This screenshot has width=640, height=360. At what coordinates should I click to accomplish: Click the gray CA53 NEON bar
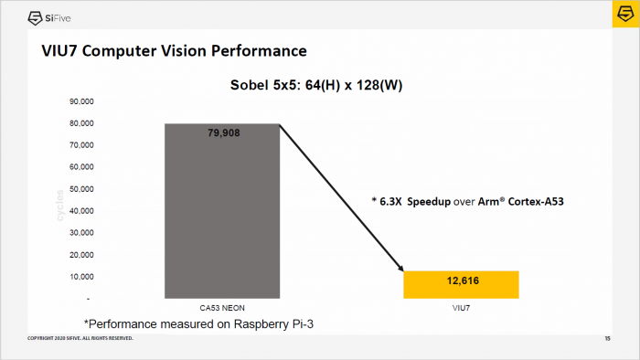(221, 219)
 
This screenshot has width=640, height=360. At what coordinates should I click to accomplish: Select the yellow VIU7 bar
(461, 284)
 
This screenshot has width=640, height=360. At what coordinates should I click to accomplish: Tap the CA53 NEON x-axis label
(221, 308)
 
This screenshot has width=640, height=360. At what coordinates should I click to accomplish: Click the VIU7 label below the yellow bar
(461, 308)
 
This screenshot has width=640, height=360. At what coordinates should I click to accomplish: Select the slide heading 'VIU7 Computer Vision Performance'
(174, 49)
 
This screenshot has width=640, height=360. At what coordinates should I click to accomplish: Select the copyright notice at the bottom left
(80, 339)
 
